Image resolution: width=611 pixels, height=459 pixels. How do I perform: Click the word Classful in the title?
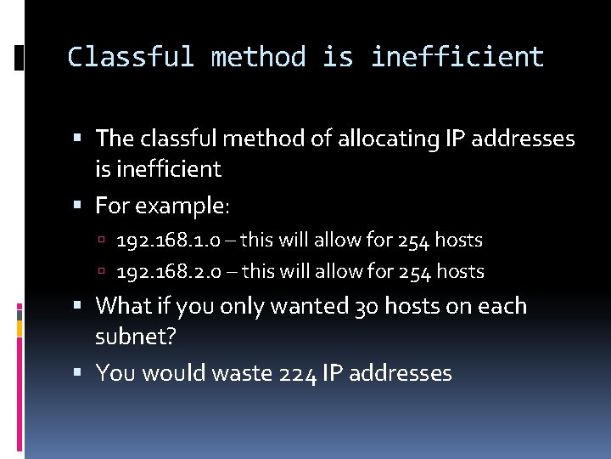pyautogui.click(x=131, y=57)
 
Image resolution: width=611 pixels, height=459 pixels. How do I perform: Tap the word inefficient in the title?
pyautogui.click(x=457, y=57)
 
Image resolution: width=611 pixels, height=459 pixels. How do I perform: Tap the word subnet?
pyautogui.click(x=136, y=337)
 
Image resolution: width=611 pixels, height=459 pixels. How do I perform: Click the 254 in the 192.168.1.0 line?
pyautogui.click(x=412, y=241)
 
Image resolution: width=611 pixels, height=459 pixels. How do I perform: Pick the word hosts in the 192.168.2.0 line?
pyautogui.click(x=459, y=272)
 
